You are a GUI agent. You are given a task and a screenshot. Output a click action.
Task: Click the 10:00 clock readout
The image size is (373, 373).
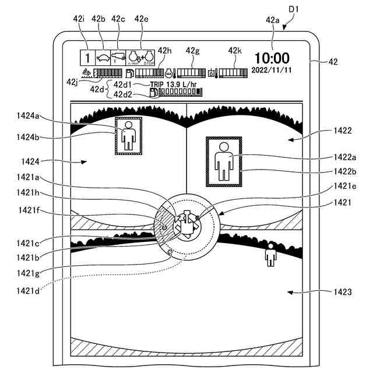click(x=271, y=58)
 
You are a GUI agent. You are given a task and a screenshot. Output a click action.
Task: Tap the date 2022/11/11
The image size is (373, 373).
click(x=271, y=70)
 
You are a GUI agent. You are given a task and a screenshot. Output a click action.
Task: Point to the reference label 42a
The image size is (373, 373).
click(x=272, y=20)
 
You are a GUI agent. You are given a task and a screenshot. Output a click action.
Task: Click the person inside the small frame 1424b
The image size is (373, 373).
click(x=128, y=136)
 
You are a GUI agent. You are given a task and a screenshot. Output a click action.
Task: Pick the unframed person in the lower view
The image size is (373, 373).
click(x=270, y=255)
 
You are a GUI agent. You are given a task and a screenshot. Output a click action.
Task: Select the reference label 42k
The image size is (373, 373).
click(x=235, y=51)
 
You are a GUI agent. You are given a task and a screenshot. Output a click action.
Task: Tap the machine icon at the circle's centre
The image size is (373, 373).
click(x=187, y=223)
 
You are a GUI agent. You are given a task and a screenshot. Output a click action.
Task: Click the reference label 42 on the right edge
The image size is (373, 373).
click(x=333, y=61)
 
